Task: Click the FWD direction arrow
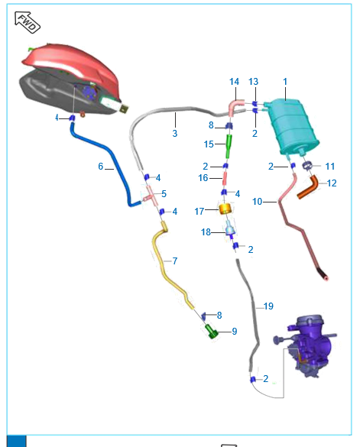pos(28,22)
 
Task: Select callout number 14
pos(234,82)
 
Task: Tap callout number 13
pos(253,82)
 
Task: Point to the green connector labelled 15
pos(229,147)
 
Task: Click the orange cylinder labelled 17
pos(225,209)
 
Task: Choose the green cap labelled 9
pos(212,332)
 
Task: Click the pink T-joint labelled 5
pos(151,196)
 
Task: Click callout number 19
pos(268,306)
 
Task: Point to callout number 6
pos(100,167)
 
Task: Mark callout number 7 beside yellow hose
pos(175,261)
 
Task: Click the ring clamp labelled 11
pos(307,165)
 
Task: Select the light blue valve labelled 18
pos(230,228)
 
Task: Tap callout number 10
pos(257,202)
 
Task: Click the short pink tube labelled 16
pos(225,178)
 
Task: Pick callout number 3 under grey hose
pos(175,133)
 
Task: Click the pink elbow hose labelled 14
pos(235,106)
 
